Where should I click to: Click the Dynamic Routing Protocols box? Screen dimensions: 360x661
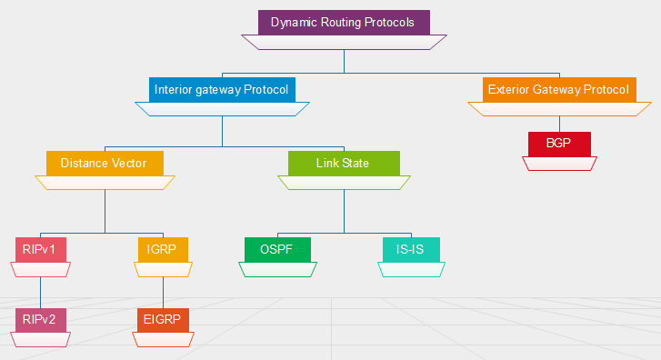pyautogui.click(x=343, y=23)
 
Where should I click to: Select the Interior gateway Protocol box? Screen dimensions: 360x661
pyautogui.click(x=222, y=90)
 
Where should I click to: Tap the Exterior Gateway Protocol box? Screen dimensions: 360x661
pyautogui.click(x=558, y=90)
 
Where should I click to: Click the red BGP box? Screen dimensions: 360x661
pyautogui.click(x=559, y=145)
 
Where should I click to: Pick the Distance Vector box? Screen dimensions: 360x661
pyautogui.click(x=105, y=164)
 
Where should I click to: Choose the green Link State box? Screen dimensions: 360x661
pyautogui.click(x=343, y=164)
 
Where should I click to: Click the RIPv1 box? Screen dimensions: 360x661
pyautogui.click(x=41, y=249)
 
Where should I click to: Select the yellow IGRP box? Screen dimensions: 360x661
pyautogui.click(x=163, y=249)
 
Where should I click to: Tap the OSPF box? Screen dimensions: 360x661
pyautogui.click(x=277, y=249)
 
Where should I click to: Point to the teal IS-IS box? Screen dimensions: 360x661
pyautogui.click(x=411, y=249)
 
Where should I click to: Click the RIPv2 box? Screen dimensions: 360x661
pyautogui.click(x=41, y=320)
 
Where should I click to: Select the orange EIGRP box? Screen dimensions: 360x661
pyautogui.click(x=163, y=320)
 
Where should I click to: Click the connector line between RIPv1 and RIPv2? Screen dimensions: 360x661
pyautogui.click(x=41, y=291)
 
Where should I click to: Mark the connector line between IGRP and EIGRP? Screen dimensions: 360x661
pyautogui.click(x=163, y=291)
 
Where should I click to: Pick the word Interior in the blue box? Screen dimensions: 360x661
pyautogui.click(x=174, y=90)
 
